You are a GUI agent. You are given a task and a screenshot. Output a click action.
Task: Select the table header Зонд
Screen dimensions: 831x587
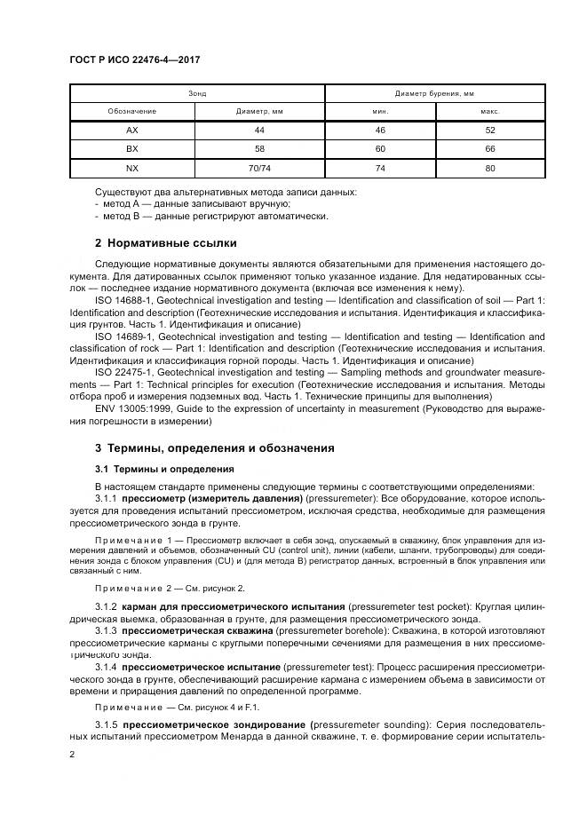click(196, 93)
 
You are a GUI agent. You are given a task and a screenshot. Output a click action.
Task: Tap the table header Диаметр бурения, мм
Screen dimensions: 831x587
click(434, 93)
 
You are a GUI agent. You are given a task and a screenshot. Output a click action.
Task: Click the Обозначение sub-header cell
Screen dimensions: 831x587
click(132, 112)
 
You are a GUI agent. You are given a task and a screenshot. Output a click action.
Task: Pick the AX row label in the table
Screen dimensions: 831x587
click(132, 131)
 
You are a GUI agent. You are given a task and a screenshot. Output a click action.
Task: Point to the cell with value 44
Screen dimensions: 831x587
click(259, 131)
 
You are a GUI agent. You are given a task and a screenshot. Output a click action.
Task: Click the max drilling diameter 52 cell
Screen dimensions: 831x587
click(490, 131)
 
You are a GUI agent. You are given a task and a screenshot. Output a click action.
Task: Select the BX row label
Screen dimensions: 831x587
click(132, 149)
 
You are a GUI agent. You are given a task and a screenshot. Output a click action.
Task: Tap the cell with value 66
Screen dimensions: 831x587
click(490, 149)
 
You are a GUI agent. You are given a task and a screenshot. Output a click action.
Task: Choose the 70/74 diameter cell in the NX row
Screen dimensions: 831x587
click(259, 168)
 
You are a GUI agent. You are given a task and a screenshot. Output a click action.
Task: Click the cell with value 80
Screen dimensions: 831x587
click(490, 168)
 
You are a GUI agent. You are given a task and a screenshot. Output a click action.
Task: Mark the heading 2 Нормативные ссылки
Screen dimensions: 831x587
click(165, 242)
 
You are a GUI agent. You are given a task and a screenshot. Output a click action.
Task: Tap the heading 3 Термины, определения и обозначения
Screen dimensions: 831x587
click(214, 448)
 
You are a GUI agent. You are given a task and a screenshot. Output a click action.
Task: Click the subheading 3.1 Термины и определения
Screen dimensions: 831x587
click(164, 468)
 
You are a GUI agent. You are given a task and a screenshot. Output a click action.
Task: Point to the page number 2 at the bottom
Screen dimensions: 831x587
click(73, 755)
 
